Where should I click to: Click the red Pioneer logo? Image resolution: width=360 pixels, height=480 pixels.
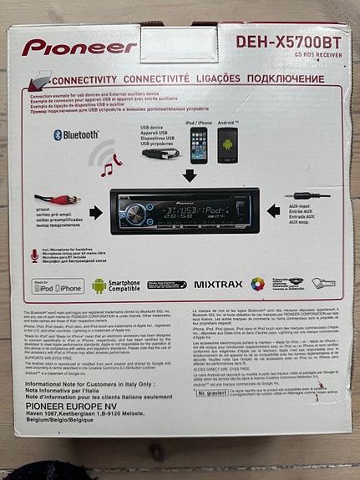[x=80, y=48]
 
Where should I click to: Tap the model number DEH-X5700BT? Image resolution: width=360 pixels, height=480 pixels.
[x=288, y=39]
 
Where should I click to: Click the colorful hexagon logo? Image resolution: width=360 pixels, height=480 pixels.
[x=258, y=284]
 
